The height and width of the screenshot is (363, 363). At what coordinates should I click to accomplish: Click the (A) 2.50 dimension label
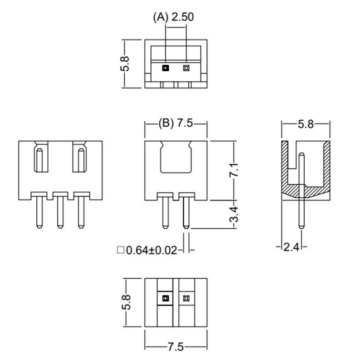coord(173,17)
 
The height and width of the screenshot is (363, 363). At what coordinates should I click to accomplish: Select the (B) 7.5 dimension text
coord(176,123)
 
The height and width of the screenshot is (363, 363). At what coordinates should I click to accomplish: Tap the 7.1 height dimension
coord(234,170)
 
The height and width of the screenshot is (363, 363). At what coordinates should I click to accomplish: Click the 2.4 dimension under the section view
coord(291,247)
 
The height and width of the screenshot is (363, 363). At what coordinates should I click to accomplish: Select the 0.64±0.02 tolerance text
coord(152,250)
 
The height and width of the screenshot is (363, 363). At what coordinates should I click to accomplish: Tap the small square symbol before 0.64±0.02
coord(121,250)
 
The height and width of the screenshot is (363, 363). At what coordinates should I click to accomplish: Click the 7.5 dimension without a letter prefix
coord(176,347)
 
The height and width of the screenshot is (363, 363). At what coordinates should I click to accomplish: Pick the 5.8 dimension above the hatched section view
coord(305,124)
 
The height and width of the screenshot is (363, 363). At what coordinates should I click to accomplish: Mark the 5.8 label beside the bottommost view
coord(127,302)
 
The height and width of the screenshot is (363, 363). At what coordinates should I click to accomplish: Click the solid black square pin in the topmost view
coord(166,68)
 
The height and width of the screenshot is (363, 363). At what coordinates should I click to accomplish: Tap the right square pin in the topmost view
coord(186,68)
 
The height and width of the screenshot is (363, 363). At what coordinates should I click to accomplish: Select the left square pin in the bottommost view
coord(165,298)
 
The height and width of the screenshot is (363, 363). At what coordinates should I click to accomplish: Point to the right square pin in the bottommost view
coord(186,298)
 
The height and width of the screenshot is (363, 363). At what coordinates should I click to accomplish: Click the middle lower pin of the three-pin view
coord(60,212)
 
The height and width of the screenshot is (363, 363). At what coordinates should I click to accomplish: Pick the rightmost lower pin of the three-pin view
coord(81,212)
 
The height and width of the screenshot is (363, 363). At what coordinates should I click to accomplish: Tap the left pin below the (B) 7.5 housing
coord(165,212)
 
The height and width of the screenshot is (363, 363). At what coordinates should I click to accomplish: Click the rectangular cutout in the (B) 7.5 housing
coord(176,157)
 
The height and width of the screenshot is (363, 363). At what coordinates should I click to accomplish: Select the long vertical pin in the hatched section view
coord(301,191)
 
